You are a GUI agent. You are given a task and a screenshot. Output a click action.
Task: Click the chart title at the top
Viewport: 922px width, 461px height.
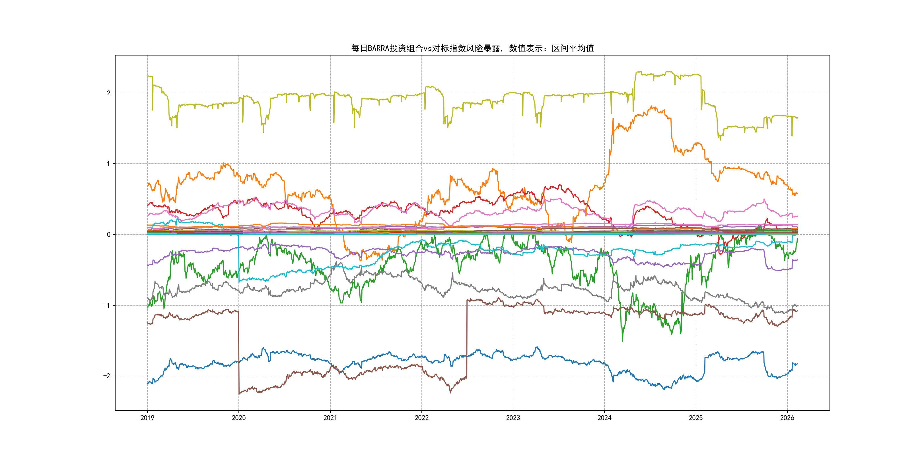point(472,48)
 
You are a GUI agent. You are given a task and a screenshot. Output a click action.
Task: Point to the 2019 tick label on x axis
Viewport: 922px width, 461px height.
point(147,418)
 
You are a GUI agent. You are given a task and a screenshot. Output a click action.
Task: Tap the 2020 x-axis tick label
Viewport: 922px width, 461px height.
point(239,418)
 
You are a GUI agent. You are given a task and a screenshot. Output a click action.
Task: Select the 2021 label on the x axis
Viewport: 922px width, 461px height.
point(330,418)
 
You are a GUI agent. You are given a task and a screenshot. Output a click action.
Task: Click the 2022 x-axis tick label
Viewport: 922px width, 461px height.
point(422,418)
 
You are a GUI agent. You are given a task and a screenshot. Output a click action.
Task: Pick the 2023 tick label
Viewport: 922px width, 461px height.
point(513,418)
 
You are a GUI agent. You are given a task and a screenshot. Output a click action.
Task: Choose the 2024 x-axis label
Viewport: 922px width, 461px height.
point(604,418)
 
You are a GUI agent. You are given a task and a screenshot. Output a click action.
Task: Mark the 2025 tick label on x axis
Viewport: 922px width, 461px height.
point(696,418)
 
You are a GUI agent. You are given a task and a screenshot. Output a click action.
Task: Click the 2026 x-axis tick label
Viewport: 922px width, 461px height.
point(787,418)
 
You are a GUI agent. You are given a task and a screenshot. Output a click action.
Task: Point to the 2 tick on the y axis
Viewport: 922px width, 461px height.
point(108,93)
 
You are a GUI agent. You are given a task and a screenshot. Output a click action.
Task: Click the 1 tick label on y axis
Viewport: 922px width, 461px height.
point(108,164)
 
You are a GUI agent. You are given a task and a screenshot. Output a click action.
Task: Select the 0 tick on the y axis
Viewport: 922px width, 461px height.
point(108,235)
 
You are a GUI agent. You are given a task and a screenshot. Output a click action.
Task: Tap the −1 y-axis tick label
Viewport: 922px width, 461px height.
point(107,305)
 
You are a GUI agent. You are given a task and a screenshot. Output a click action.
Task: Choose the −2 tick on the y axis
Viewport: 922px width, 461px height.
point(107,376)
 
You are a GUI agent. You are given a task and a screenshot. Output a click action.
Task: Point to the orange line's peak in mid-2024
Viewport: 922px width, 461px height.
point(653,107)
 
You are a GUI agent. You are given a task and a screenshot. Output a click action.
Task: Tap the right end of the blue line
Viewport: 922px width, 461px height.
point(797,364)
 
